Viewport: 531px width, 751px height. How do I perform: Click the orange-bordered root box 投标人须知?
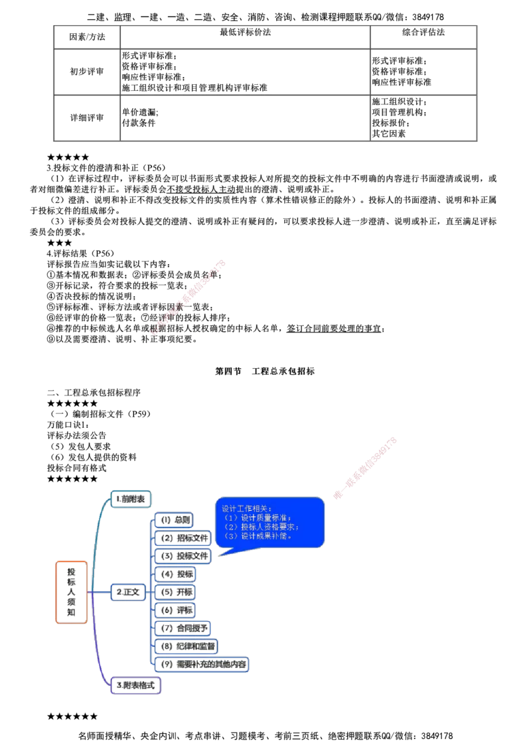click(x=71, y=592)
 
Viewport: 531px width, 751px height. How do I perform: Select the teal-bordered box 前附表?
click(x=132, y=498)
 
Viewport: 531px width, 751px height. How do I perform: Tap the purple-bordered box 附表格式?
click(x=136, y=685)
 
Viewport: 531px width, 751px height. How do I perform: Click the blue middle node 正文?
click(x=127, y=592)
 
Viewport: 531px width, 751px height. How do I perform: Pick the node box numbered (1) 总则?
click(x=174, y=519)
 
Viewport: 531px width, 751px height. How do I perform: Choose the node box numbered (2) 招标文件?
click(x=183, y=537)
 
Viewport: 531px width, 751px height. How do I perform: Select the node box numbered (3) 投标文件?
click(x=183, y=555)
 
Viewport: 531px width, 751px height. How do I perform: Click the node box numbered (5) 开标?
click(x=175, y=591)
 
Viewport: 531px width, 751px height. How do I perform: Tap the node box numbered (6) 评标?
click(x=175, y=609)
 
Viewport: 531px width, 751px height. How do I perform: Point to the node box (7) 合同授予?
click(x=183, y=627)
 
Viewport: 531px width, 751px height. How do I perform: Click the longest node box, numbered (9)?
click(x=202, y=663)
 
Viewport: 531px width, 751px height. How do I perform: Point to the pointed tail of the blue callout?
click(x=220, y=553)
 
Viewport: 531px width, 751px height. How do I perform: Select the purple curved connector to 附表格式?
click(x=98, y=653)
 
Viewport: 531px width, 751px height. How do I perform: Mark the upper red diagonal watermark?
click(x=189, y=296)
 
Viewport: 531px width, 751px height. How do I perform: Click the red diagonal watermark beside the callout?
click(x=364, y=468)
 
